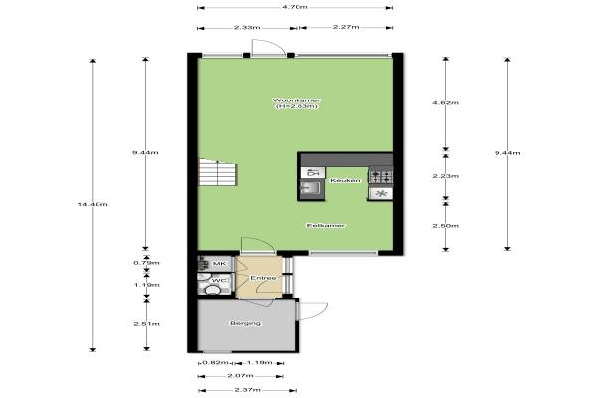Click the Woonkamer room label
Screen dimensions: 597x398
[x=297, y=100]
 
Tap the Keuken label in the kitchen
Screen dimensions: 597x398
[x=345, y=180]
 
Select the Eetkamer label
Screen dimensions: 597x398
[x=326, y=226]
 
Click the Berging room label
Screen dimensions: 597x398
[x=246, y=323]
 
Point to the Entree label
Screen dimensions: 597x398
[x=263, y=278]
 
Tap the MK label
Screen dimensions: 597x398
[x=219, y=263]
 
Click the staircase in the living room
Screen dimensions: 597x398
[x=218, y=172]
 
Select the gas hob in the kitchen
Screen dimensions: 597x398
[x=381, y=176]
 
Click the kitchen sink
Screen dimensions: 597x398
[x=311, y=188]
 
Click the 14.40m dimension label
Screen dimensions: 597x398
[x=93, y=204]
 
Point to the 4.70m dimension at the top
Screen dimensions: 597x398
[x=296, y=7]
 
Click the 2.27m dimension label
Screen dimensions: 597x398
[x=346, y=27]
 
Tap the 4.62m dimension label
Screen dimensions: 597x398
[x=445, y=102]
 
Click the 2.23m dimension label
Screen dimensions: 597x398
[x=445, y=176]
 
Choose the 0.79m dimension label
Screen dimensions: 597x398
[x=146, y=263]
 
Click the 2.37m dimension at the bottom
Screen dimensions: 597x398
[x=247, y=390]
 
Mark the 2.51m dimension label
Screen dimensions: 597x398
[x=146, y=324]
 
